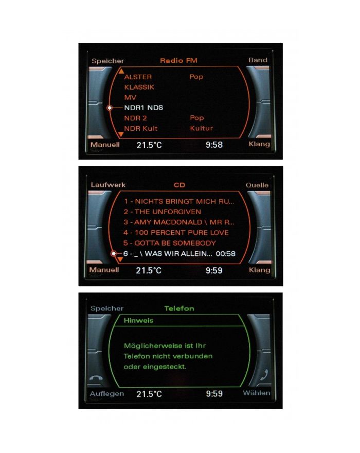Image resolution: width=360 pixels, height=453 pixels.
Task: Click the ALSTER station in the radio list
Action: pyautogui.click(x=138, y=77)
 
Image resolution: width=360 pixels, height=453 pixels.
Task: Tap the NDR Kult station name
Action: pyautogui.click(x=140, y=128)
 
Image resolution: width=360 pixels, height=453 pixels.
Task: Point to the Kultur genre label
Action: pyautogui.click(x=201, y=128)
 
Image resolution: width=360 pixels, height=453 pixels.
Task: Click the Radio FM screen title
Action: pyautogui.click(x=178, y=61)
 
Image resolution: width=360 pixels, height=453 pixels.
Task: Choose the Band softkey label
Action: pyautogui.click(x=258, y=60)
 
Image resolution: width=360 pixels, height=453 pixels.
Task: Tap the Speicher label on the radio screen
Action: pyautogui.click(x=108, y=61)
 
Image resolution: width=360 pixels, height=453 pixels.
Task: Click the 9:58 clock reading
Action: pyautogui.click(x=214, y=145)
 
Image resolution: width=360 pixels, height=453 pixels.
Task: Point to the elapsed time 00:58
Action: pyautogui.click(x=226, y=254)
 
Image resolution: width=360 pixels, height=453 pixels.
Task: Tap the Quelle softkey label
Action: pyautogui.click(x=257, y=185)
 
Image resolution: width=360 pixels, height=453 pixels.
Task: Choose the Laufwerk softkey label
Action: pyautogui.click(x=108, y=185)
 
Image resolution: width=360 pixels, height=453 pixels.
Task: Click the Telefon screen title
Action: pyautogui.click(x=179, y=309)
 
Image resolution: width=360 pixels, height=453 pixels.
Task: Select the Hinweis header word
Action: pyautogui.click(x=138, y=321)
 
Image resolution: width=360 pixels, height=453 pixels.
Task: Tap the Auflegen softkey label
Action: pyautogui.click(x=107, y=394)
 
